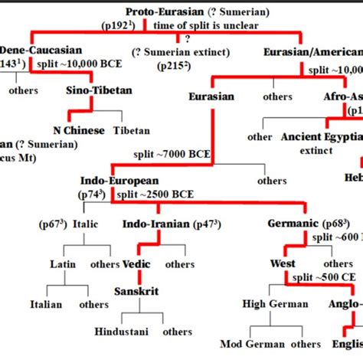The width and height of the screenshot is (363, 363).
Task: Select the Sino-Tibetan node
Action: [x=99, y=90]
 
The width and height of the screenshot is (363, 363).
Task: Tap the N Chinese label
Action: [x=78, y=130]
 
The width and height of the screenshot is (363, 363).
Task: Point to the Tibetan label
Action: [x=132, y=130]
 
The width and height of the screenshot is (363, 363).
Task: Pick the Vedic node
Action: [x=136, y=264]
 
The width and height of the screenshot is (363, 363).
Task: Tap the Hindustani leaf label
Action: [x=122, y=332]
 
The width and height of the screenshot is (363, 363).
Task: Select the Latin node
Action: [x=63, y=264]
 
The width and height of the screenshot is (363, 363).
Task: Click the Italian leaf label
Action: [x=46, y=304]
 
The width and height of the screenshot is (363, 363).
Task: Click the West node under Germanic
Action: [x=283, y=264]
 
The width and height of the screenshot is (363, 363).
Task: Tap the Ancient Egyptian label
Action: [x=321, y=136]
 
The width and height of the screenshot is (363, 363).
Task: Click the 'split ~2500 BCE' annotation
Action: [x=162, y=195]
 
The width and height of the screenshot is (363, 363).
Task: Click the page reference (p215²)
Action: [x=176, y=66]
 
